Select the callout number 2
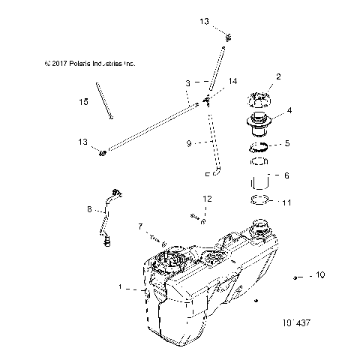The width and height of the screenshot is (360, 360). (278, 76)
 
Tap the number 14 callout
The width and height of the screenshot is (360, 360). (232, 80)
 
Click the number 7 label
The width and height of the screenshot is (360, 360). (139, 225)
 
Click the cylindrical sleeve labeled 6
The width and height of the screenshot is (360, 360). (259, 181)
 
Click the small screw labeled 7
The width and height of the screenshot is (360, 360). (161, 241)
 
